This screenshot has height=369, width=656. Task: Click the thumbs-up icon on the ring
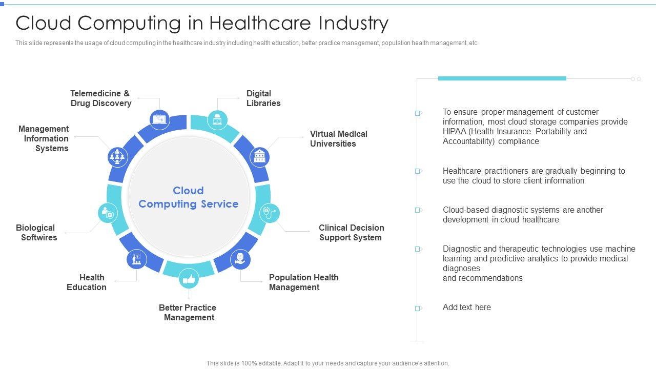pos(189,279)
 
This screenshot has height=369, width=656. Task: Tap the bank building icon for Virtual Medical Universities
pos(260,156)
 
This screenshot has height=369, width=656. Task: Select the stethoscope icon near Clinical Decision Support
pos(270,213)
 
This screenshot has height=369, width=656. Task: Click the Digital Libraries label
pos(263,98)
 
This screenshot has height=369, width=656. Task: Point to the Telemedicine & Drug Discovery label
pos(100,98)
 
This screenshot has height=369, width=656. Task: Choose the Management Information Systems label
pos(44,138)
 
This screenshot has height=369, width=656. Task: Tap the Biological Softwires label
pos(36,233)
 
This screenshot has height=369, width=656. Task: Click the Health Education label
pos(87,282)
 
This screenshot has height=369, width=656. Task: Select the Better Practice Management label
pos(188,313)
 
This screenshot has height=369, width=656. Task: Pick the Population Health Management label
pos(303,282)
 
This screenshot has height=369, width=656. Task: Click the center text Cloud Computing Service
pos(189,197)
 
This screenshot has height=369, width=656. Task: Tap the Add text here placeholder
pos(467,307)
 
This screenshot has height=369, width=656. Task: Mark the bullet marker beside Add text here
pos(418,309)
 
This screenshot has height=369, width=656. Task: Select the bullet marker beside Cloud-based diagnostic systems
pos(418,210)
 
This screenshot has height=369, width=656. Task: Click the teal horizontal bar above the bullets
pos(502,78)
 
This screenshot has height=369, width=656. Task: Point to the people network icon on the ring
pos(117,156)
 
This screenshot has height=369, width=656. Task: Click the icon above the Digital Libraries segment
pos(217,119)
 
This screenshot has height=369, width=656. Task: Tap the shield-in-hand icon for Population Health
pos(240,259)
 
